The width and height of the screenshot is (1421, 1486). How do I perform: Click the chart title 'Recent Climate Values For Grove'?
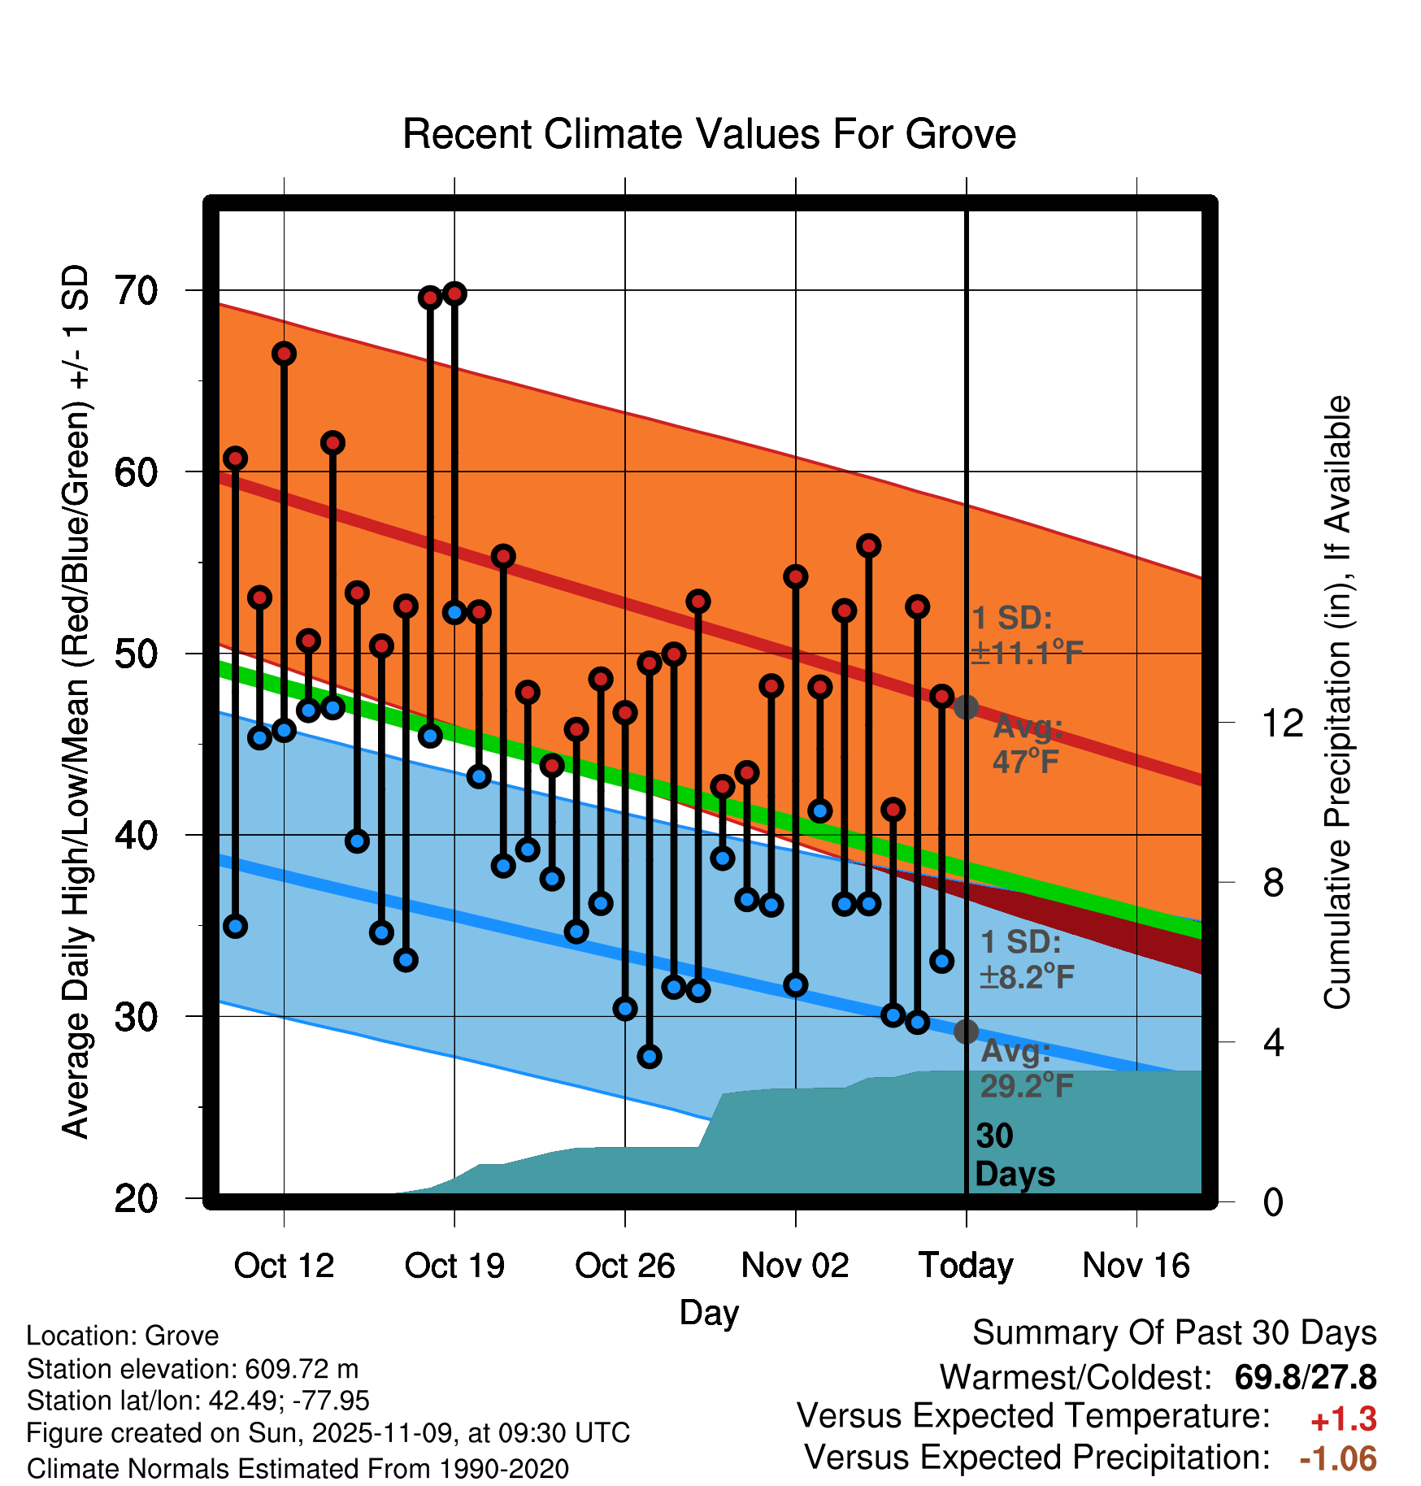click(x=709, y=134)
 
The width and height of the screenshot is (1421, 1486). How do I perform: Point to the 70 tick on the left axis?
click(x=137, y=291)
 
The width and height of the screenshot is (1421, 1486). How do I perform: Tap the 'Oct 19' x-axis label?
click(x=454, y=1266)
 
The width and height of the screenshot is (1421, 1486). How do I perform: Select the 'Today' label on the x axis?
click(x=966, y=1266)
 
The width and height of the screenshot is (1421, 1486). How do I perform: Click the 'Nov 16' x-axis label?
click(x=1136, y=1266)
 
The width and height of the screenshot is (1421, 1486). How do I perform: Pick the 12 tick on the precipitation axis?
click(x=1282, y=723)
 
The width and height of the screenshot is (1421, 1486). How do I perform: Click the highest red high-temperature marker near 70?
click(x=454, y=293)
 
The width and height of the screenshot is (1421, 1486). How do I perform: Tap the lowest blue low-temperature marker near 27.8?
click(x=649, y=1057)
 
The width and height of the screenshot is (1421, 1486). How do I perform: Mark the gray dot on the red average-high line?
click(x=966, y=707)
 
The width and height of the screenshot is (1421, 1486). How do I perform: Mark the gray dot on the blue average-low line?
click(x=966, y=1032)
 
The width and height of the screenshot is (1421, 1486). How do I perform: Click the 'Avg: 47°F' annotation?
click(x=1028, y=745)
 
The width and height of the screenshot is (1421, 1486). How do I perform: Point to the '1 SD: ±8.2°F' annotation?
click(x=1026, y=959)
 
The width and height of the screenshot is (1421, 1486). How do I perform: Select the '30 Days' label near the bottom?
click(x=1014, y=1155)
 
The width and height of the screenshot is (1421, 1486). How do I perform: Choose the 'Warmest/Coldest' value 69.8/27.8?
click(x=1305, y=1378)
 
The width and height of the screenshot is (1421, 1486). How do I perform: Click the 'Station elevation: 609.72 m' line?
click(x=193, y=1369)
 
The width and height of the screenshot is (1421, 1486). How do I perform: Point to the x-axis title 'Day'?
click(x=709, y=1312)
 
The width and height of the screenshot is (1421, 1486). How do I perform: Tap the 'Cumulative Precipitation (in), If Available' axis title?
click(x=1337, y=702)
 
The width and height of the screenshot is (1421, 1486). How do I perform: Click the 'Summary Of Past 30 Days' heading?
click(x=1174, y=1333)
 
